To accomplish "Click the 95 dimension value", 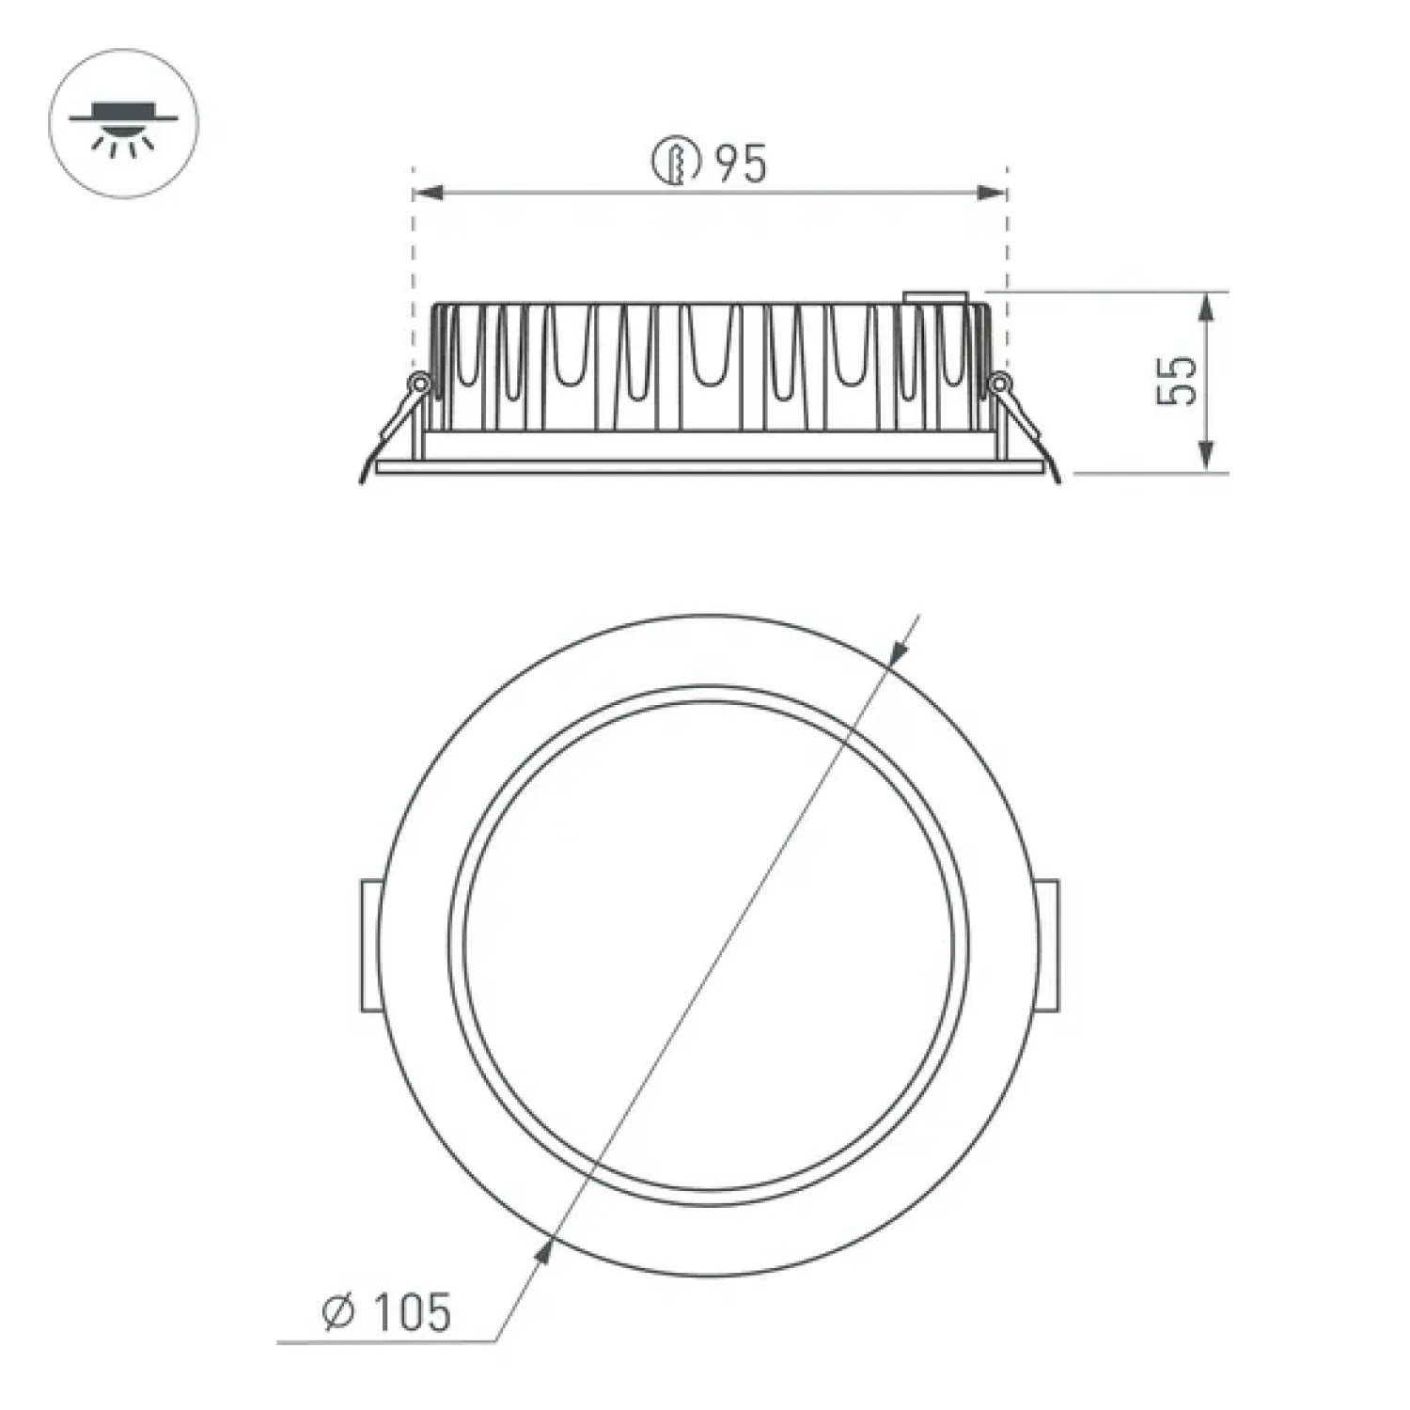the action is (741, 164).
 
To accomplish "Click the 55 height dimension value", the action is (1178, 380).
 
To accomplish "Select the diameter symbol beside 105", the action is (339, 1312).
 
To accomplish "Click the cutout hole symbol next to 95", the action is (677, 163).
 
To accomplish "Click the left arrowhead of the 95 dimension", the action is (429, 193).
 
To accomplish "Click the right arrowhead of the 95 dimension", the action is (992, 193).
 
